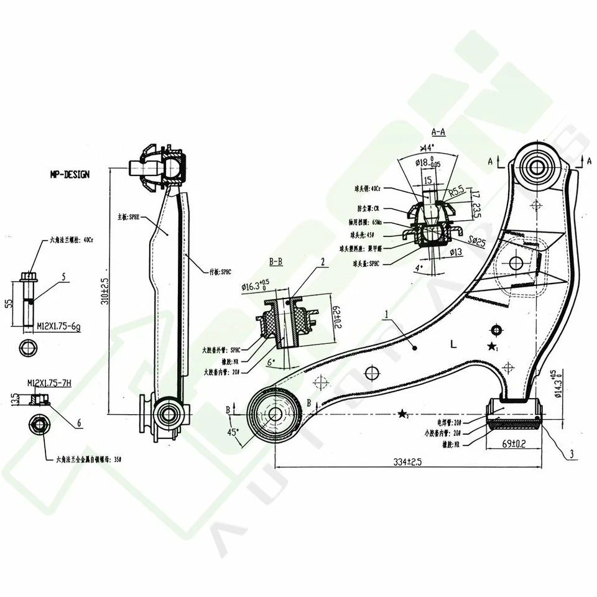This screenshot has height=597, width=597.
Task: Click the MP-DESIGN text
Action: [70, 175]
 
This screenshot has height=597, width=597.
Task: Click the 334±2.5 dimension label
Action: [407, 462]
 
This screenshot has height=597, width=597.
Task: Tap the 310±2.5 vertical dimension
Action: [104, 292]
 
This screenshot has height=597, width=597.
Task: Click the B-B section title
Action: [275, 262]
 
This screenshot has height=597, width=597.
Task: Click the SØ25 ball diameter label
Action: [477, 240]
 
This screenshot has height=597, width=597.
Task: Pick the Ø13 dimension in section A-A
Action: [455, 252]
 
